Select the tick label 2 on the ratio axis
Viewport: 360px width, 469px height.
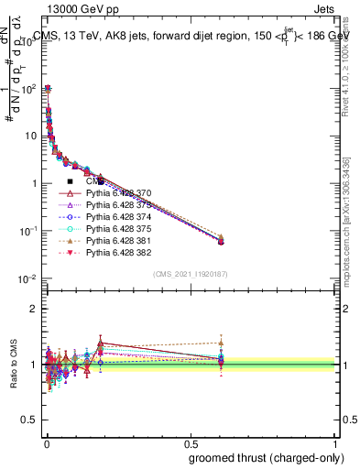33,309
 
